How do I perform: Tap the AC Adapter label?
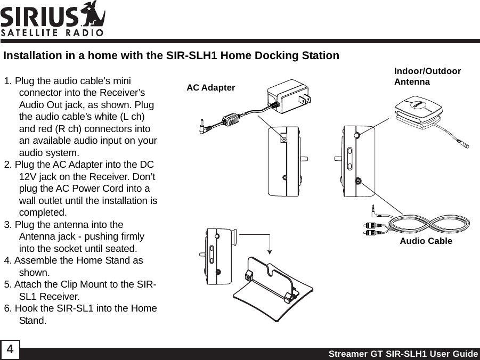coord(210,87)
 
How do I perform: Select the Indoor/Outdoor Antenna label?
coord(427,77)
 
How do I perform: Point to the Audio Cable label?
coord(426,241)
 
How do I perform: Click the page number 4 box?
coord(10,351)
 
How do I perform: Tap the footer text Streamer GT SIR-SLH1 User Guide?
coord(403,354)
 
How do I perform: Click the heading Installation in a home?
coord(171,56)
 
